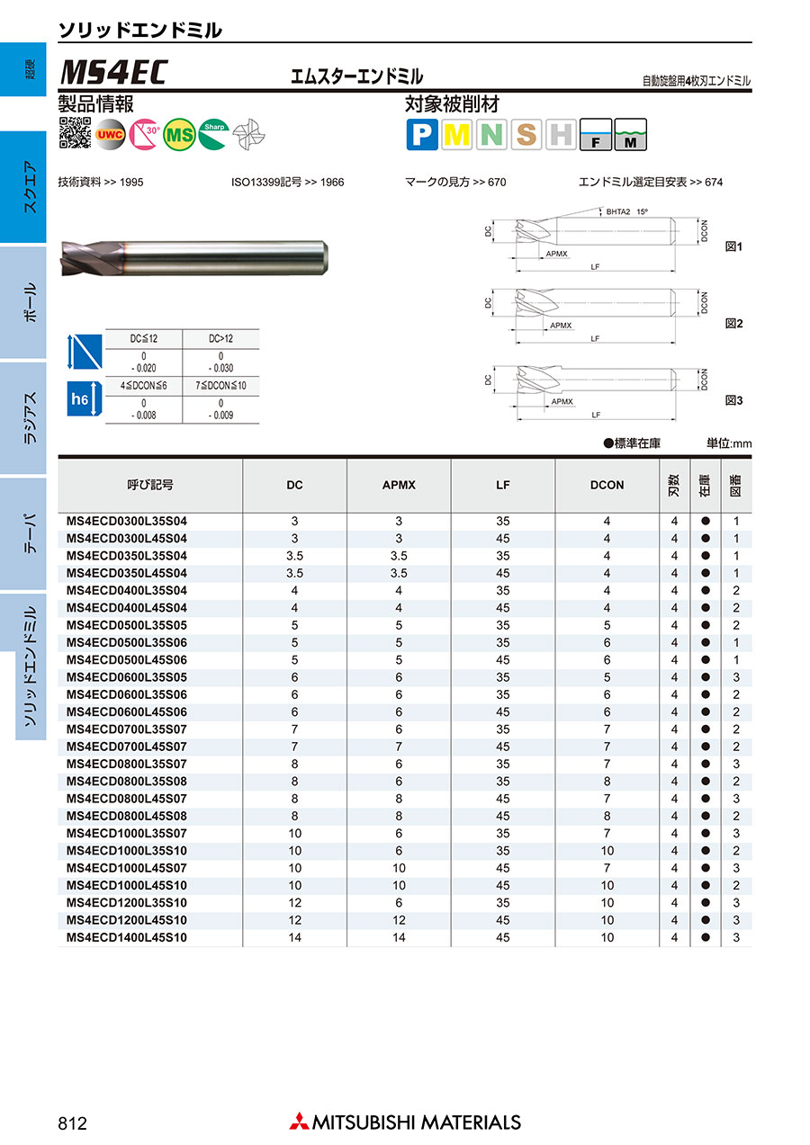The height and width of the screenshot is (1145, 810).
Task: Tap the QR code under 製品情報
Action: click(75, 133)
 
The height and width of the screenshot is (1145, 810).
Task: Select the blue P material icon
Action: click(421, 135)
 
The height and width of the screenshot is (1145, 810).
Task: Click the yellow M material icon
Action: click(457, 135)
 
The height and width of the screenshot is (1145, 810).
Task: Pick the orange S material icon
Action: click(526, 135)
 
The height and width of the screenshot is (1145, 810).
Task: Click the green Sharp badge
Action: click(214, 133)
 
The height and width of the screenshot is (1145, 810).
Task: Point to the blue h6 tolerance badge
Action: click(79, 399)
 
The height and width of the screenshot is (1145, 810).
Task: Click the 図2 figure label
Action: click(734, 323)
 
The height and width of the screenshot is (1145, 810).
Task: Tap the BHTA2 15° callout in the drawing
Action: click(627, 212)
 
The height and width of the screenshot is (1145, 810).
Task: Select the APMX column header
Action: click(399, 485)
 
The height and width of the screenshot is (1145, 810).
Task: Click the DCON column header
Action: click(607, 485)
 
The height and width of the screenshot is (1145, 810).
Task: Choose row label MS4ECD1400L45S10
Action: click(127, 937)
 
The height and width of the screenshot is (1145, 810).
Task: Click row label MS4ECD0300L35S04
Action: click(127, 521)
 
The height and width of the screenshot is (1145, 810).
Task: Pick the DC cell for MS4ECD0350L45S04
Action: click(294, 573)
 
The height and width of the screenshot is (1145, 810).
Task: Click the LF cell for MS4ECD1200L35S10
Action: click(502, 902)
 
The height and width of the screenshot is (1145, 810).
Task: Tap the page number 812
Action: click(72, 1123)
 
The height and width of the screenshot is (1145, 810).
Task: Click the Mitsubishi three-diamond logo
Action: click(299, 1122)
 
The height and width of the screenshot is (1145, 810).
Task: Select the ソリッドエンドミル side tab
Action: click(31, 666)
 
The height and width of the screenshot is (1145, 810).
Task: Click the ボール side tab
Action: click(29, 302)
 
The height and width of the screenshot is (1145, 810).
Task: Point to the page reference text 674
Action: click(714, 182)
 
